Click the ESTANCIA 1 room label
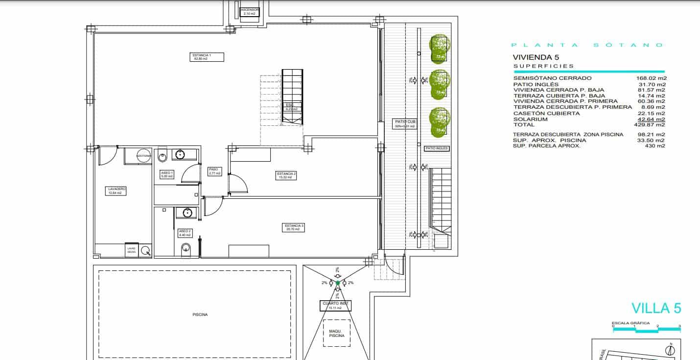click(208, 57)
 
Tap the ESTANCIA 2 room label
click(286, 175)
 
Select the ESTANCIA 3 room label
click(294, 227)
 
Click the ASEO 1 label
click(167, 174)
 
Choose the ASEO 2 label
click(185, 233)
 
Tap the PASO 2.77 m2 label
click(214, 171)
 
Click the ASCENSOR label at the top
click(249, 12)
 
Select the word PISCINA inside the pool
click(200, 314)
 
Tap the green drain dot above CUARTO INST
click(337, 283)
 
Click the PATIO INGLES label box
click(437, 148)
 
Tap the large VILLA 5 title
click(656, 308)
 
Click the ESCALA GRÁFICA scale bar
click(646, 330)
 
